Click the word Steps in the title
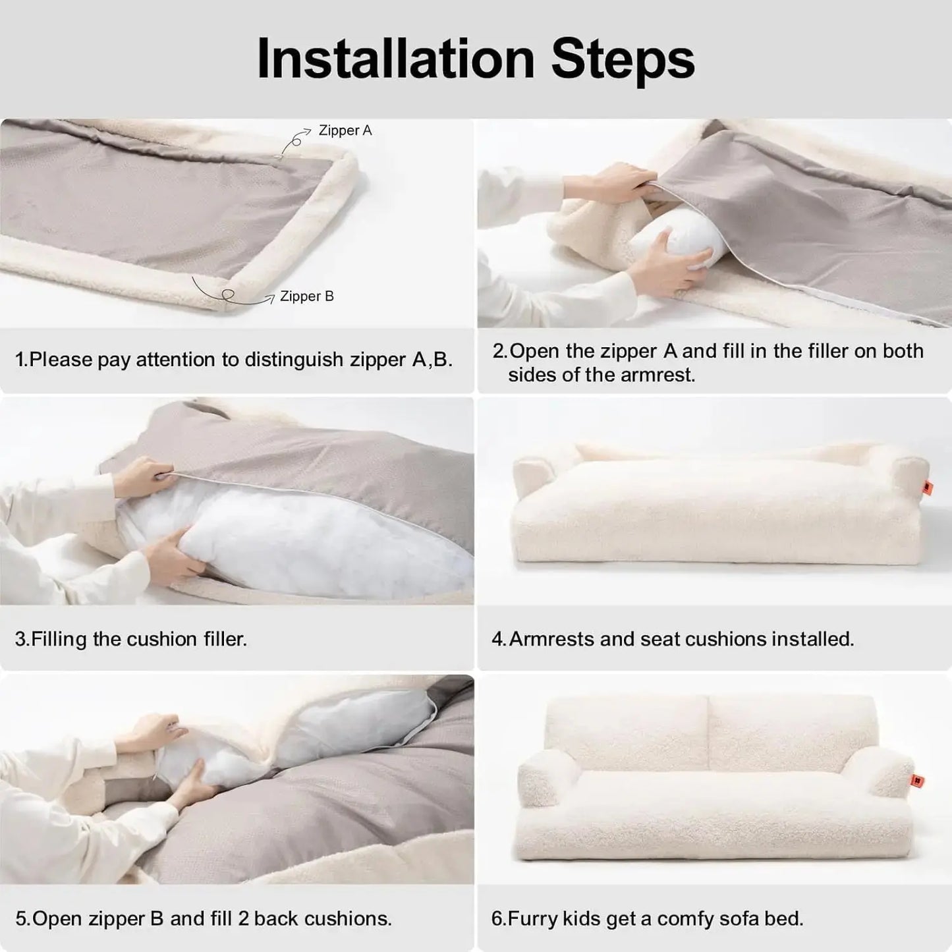[623, 59]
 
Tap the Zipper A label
[345, 130]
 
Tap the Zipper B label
[306, 296]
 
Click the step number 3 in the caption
[20, 639]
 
